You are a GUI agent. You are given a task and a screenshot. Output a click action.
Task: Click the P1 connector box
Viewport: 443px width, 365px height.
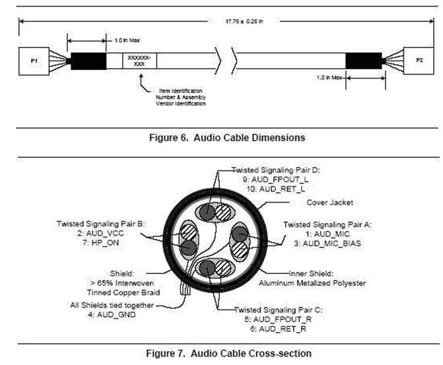(x=32, y=60)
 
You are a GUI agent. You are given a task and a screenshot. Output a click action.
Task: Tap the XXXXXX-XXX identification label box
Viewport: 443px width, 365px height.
(x=139, y=61)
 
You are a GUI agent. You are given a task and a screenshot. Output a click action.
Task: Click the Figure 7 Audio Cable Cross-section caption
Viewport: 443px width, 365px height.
(x=228, y=354)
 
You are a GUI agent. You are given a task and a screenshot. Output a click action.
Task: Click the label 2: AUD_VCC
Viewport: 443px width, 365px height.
(x=100, y=233)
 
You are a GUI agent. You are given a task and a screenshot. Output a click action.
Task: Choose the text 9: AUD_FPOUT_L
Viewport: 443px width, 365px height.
(x=273, y=178)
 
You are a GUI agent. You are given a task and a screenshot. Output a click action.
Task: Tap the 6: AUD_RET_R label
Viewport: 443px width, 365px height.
(x=271, y=327)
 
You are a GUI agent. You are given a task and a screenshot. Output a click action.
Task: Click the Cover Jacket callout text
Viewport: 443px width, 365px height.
(x=327, y=203)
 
